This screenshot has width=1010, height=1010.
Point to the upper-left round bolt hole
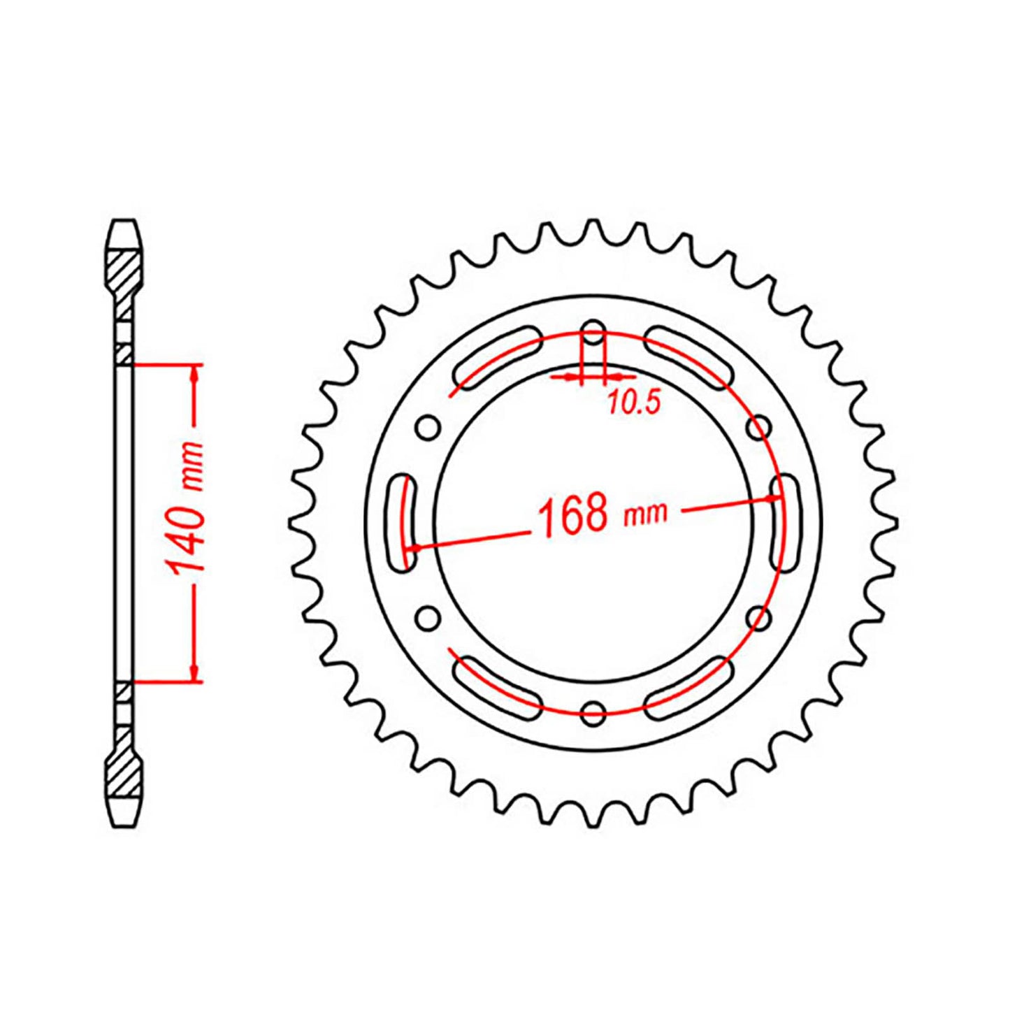pos(428,426)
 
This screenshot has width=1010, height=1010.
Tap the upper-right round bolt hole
pos(759,426)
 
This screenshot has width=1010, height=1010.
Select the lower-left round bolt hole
pos(428,618)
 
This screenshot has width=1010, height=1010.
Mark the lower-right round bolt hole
pos(759,618)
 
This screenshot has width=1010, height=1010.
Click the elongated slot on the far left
pos(402,522)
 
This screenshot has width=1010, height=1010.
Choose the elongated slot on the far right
pos(784,522)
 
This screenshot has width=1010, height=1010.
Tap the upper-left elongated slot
pos(497,357)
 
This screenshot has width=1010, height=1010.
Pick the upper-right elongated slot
pos(688,357)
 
